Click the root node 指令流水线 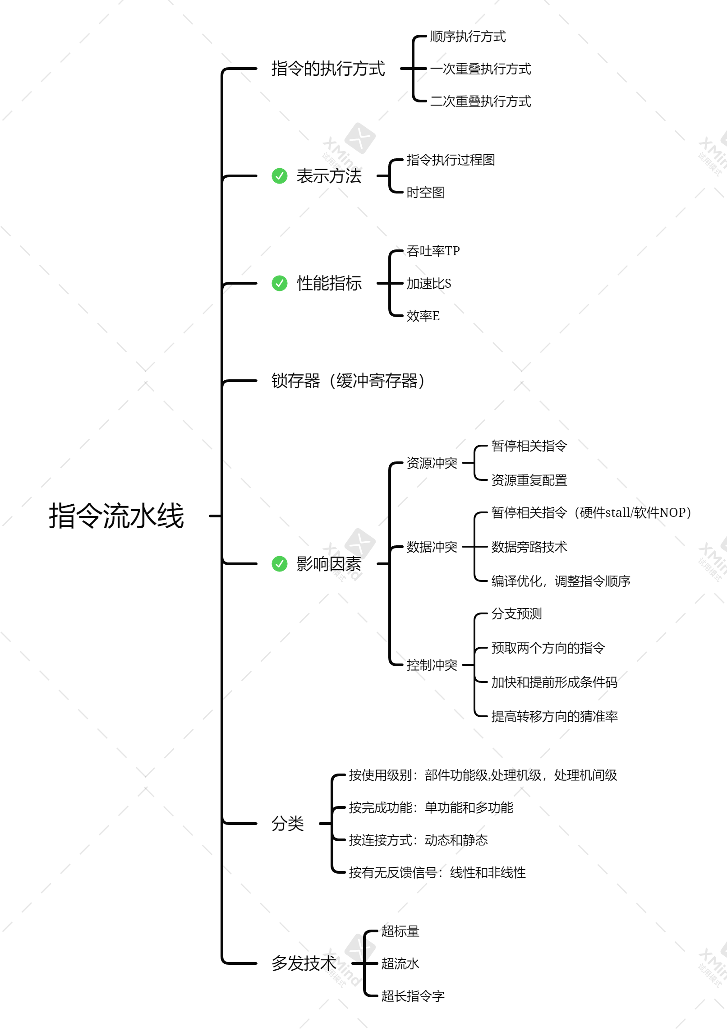(x=116, y=516)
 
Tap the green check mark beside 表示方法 (x=280, y=176)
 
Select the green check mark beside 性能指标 (x=280, y=283)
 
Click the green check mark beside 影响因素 (x=280, y=564)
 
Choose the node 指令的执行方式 (x=328, y=69)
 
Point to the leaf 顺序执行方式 (x=468, y=37)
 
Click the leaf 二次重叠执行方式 (x=480, y=101)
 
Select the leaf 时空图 (x=426, y=193)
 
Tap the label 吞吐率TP (x=433, y=251)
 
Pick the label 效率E (x=423, y=316)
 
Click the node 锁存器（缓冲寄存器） (x=348, y=382)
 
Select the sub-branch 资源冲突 (x=432, y=463)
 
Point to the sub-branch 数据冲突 (x=432, y=547)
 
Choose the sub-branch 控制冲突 (x=432, y=665)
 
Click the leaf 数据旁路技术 (x=529, y=547)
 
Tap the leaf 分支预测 (x=517, y=614)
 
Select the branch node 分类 (x=288, y=824)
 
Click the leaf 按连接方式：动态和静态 (x=418, y=840)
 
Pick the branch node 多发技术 (x=304, y=964)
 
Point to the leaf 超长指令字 (x=413, y=996)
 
